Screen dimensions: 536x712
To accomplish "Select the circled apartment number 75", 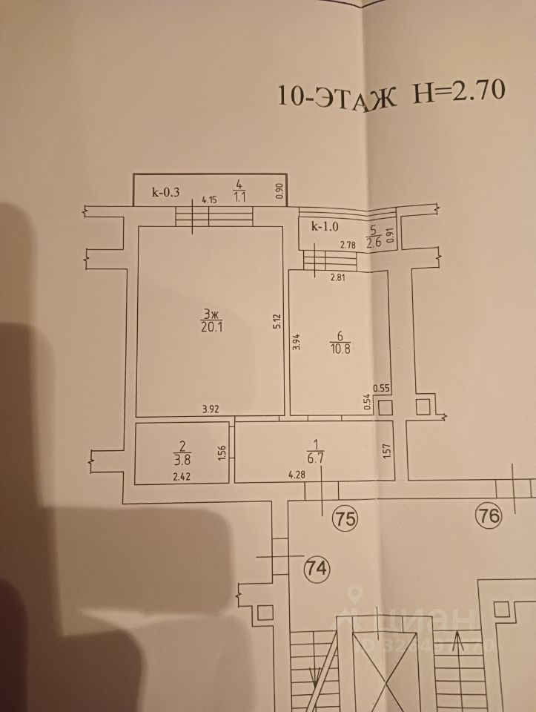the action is click(x=345, y=517).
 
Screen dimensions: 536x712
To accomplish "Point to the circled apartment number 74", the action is click(x=317, y=569).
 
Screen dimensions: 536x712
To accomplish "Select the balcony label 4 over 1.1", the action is click(x=239, y=190).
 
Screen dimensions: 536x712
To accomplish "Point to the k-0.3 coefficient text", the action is click(x=166, y=192).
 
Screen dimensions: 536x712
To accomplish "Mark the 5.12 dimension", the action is click(x=276, y=320).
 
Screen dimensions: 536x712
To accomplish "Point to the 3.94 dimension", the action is click(x=296, y=340).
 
